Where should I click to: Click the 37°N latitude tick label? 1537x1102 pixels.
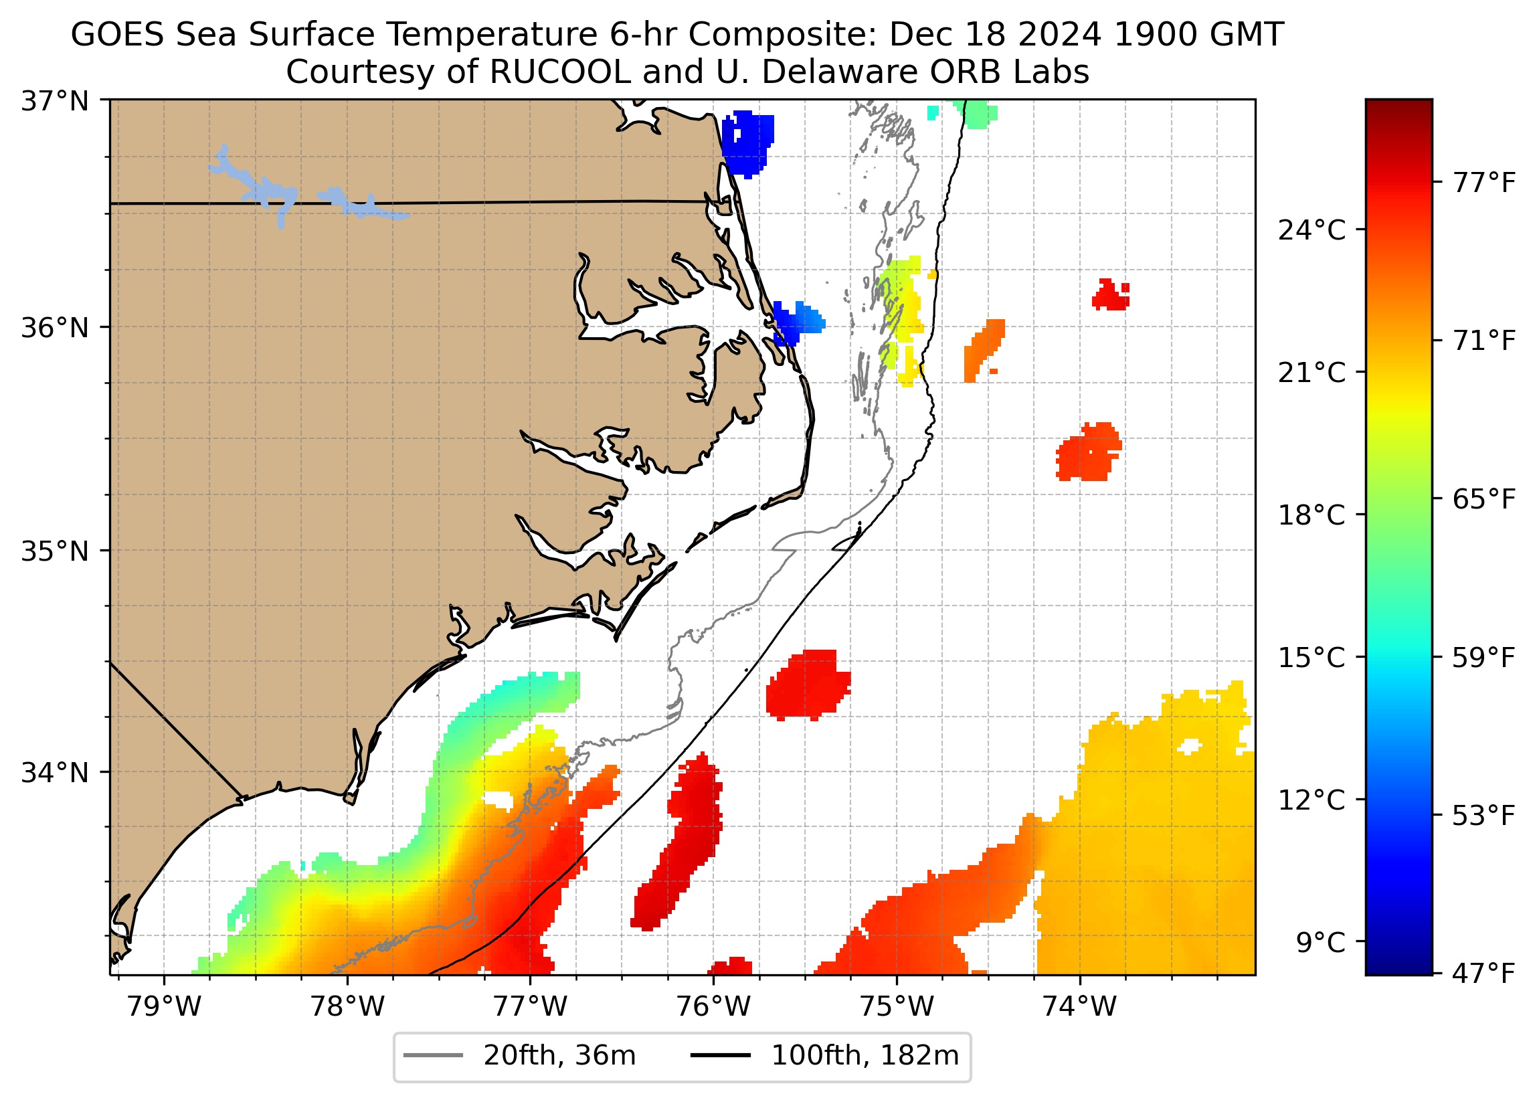[55, 102]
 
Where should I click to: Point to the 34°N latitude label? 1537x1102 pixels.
[55, 772]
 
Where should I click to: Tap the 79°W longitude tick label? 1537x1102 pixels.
[164, 1007]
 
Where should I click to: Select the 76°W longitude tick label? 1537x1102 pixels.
[713, 1007]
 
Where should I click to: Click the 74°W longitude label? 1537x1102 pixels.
[1079, 1007]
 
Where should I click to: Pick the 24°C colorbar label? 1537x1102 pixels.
[1312, 231]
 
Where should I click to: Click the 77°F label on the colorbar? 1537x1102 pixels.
[1483, 183]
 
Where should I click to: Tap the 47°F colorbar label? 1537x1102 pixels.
[1483, 974]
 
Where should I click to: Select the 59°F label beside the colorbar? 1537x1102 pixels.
[1483, 658]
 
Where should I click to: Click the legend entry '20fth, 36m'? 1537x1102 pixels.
[559, 1056]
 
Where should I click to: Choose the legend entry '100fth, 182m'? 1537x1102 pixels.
[865, 1056]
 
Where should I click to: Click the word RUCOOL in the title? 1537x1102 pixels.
[559, 72]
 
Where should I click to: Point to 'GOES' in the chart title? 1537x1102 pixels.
[117, 35]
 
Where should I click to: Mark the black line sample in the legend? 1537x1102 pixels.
[721, 1056]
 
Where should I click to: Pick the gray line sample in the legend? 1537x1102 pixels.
[433, 1056]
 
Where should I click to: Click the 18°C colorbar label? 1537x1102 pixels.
[1312, 516]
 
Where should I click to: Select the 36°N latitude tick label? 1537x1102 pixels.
[55, 328]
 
